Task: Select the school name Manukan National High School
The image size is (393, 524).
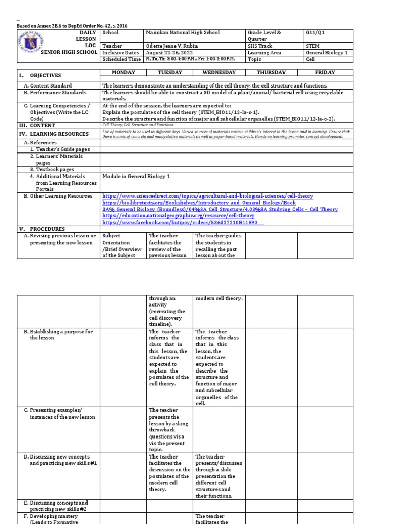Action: point(183,33)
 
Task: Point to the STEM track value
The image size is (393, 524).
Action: point(312,46)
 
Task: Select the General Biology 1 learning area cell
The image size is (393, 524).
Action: point(326,52)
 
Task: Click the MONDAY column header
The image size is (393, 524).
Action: point(123,73)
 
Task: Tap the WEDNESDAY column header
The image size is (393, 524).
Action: point(219,73)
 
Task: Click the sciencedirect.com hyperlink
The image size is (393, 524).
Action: point(208,196)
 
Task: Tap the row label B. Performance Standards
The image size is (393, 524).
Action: point(54,93)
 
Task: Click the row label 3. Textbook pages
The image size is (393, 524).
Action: point(52,169)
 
